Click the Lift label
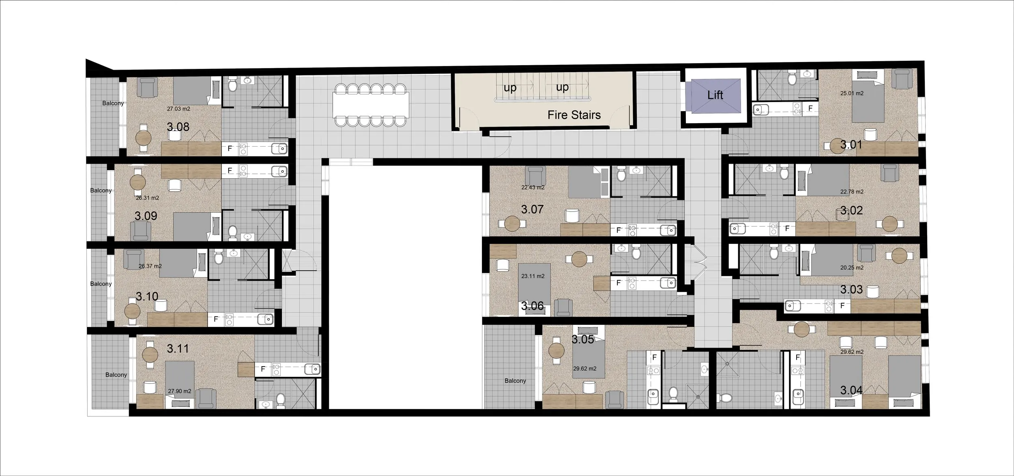[715, 95]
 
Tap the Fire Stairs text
[574, 115]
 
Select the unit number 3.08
[178, 127]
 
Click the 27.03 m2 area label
[178, 109]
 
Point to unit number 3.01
[851, 145]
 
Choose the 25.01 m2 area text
[852, 93]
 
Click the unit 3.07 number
[532, 209]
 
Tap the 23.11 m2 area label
[533, 276]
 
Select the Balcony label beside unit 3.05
[515, 381]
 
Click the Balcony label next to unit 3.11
[116, 375]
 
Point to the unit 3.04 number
[851, 390]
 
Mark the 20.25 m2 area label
[852, 268]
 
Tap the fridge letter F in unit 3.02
[787, 229]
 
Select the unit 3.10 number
[147, 297]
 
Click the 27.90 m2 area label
[179, 391]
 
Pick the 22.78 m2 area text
[852, 192]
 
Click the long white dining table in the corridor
[371, 104]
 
